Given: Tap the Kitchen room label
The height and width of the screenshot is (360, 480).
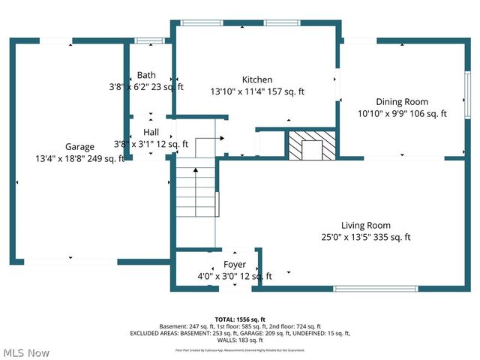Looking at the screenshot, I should coord(257,80).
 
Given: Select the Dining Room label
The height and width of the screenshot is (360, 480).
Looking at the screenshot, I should coord(402,102).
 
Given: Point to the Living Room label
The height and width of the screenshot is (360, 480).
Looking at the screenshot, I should coord(366,225).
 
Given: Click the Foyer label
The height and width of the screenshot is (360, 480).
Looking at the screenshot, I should coord(235,265).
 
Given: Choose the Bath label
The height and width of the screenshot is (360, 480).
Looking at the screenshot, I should coord(146,75).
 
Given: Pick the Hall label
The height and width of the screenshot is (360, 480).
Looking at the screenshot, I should coord(151,132).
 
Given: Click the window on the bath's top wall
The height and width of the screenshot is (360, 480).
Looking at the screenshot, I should coord(148,40).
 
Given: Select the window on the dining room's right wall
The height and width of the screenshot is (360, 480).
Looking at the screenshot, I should coord(466,94).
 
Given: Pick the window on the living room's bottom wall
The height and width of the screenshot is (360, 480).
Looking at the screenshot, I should coord(365,289).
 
